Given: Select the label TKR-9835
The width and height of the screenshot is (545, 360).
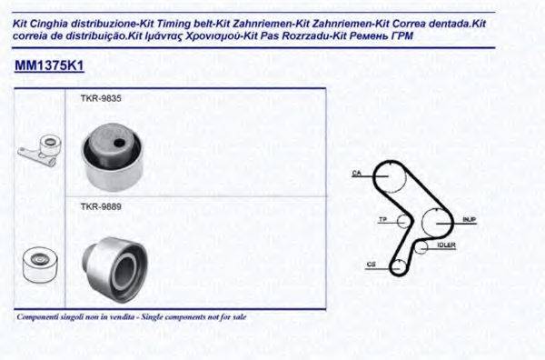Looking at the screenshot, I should (96, 98).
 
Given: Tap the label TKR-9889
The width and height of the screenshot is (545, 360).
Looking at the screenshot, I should (96, 206).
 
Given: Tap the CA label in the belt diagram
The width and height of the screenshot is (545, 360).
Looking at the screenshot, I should (357, 173).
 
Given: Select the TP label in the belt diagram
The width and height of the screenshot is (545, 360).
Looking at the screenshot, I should (382, 219).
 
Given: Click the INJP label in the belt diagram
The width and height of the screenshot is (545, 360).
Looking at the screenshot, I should (469, 220).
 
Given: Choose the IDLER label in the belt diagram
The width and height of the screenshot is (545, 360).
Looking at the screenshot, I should (446, 245).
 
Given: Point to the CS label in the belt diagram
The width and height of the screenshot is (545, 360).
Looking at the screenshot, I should (372, 265).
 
